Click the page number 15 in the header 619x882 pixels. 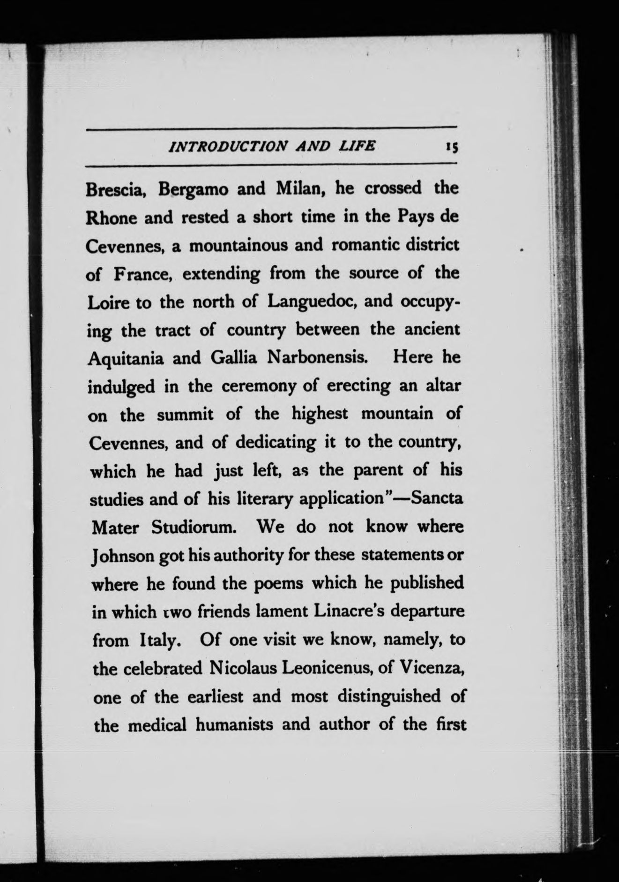pyautogui.click(x=452, y=147)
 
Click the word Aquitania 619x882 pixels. pyautogui.click(x=126, y=359)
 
